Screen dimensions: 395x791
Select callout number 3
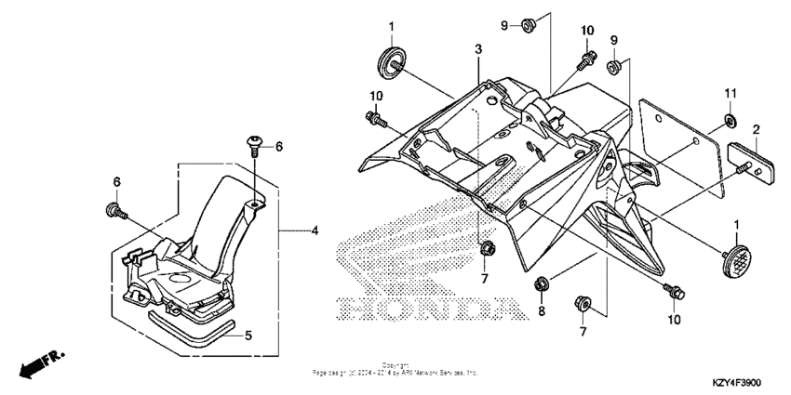(477, 48)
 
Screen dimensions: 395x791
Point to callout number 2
(757, 129)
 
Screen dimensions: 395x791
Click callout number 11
(731, 94)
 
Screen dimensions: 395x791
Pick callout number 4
(314, 229)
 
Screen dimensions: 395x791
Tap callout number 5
(248, 336)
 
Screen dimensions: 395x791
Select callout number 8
(541, 312)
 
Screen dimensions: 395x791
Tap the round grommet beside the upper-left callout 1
(392, 60)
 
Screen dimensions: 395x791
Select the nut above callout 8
(541, 282)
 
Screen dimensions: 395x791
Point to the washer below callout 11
(730, 122)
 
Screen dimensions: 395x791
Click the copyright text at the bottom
(395, 369)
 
